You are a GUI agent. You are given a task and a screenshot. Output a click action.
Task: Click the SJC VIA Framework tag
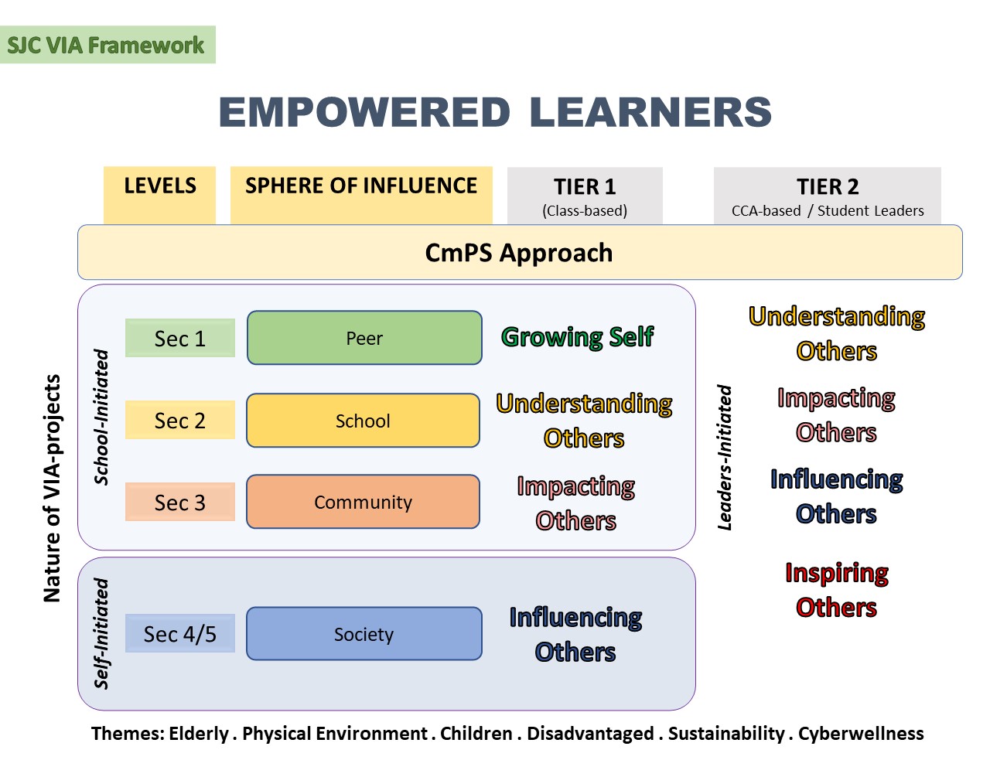tap(108, 45)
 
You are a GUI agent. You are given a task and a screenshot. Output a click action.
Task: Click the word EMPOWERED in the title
tap(364, 112)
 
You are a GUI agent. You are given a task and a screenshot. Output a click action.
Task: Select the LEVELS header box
tap(159, 195)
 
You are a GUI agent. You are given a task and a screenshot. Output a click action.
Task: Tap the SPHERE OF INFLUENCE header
tap(361, 195)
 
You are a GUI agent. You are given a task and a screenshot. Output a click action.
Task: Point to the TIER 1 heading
tap(585, 186)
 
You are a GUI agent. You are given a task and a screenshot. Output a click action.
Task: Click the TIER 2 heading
tap(828, 186)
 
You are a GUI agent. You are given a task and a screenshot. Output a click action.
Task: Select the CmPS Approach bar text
tap(519, 253)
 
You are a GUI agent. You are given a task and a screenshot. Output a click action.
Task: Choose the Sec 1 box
tap(180, 338)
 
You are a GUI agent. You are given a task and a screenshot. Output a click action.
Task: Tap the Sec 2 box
tap(180, 420)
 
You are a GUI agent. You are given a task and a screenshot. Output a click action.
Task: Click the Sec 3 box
tap(180, 502)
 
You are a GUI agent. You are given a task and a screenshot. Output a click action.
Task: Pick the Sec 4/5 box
tap(180, 633)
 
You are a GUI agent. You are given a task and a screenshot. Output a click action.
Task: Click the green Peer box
tap(364, 338)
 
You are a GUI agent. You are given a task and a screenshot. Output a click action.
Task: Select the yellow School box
tap(363, 421)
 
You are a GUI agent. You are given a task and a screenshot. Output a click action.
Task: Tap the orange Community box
tap(363, 502)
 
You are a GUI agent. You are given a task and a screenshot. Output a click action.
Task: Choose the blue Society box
tap(364, 633)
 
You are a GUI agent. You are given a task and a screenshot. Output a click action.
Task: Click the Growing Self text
tap(578, 337)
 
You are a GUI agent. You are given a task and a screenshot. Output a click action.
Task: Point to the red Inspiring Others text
tap(837, 590)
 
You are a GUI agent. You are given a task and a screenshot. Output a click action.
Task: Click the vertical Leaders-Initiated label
tap(725, 457)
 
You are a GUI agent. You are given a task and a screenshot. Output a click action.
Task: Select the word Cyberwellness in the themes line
tap(861, 734)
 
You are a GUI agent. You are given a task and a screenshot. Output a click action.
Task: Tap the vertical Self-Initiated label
tap(101, 633)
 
